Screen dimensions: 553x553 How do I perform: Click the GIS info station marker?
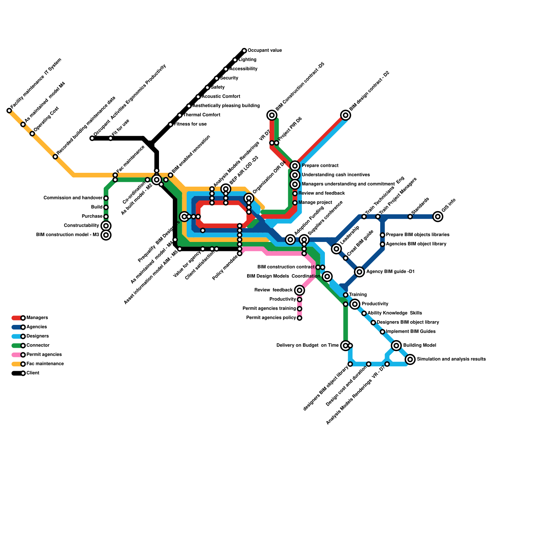point(438,217)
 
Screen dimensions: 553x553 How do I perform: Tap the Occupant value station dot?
point(244,51)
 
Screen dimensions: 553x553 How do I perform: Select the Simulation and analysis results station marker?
point(410,359)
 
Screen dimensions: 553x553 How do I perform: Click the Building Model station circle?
point(396,345)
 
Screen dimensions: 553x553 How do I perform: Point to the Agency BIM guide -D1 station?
point(359,272)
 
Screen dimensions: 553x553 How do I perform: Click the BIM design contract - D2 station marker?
point(345,115)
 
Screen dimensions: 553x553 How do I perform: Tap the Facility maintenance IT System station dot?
point(9,111)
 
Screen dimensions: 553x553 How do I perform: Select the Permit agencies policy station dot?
point(300,318)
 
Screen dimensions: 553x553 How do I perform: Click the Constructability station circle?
point(106,226)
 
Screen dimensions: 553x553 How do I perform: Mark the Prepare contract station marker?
point(295,166)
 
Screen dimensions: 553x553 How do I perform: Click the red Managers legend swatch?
point(17,318)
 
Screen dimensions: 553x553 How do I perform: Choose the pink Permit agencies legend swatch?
point(17,355)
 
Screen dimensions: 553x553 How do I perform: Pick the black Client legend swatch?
point(17,373)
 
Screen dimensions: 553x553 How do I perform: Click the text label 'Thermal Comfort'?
point(202,115)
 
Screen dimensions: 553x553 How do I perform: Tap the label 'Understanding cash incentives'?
point(336,175)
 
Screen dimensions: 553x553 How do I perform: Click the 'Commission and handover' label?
point(73,198)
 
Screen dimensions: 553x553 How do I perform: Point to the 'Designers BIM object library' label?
point(408,322)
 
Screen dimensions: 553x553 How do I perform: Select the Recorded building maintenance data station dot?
point(55,157)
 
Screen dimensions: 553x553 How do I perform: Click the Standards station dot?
point(410,217)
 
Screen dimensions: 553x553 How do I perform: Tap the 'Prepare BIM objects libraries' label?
point(418,235)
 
